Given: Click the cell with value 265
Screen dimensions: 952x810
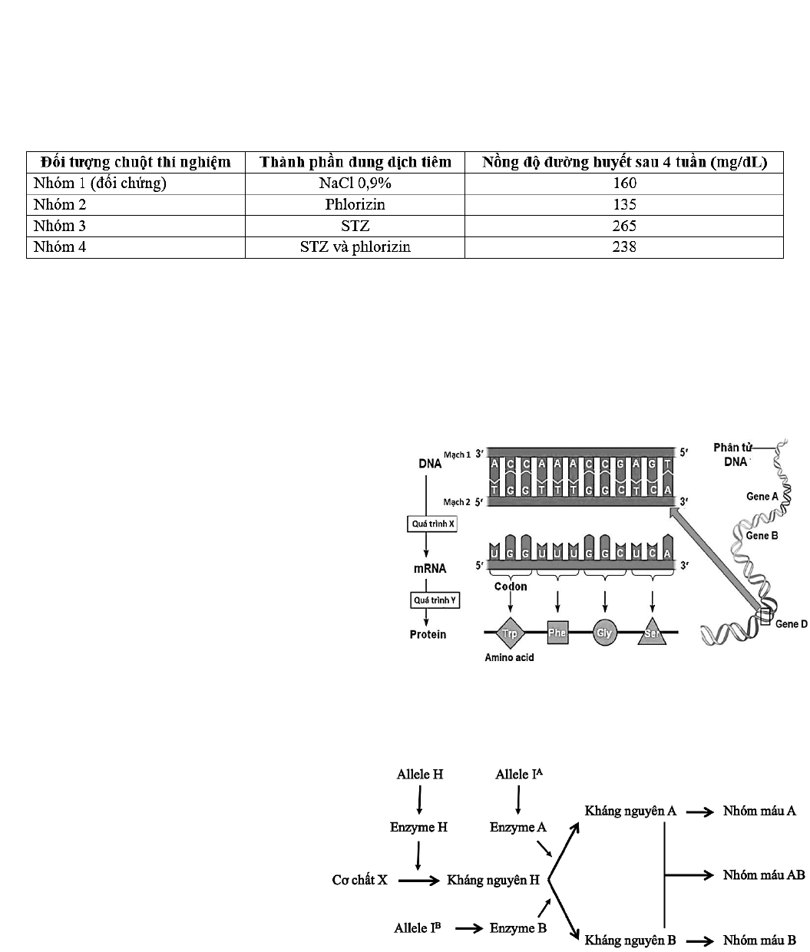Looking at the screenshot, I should coord(623,226).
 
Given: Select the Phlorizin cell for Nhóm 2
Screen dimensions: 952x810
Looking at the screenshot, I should coord(354,204).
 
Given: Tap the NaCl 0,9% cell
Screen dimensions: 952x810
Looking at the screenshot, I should coord(354,183).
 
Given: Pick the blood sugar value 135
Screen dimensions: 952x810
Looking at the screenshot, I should coord(623,204).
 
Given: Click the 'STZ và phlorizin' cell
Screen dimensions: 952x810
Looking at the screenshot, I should coord(354,247).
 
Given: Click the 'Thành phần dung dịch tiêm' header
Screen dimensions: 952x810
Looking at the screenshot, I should coord(354,162).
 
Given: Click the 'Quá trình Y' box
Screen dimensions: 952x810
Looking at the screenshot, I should coord(434,600).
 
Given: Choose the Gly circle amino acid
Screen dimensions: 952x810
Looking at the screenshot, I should coord(604,633).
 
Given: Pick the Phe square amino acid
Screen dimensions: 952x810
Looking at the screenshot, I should coord(557,633).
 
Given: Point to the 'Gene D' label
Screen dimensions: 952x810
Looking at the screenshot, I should coord(791,624).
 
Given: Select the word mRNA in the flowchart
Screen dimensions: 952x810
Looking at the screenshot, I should coord(430,569).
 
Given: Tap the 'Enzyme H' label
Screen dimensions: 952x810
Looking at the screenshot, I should coord(418,827).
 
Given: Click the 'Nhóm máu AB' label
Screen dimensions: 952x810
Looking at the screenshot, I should coord(763,875).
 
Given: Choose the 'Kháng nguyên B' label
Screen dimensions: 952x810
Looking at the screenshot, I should coord(630,940).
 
